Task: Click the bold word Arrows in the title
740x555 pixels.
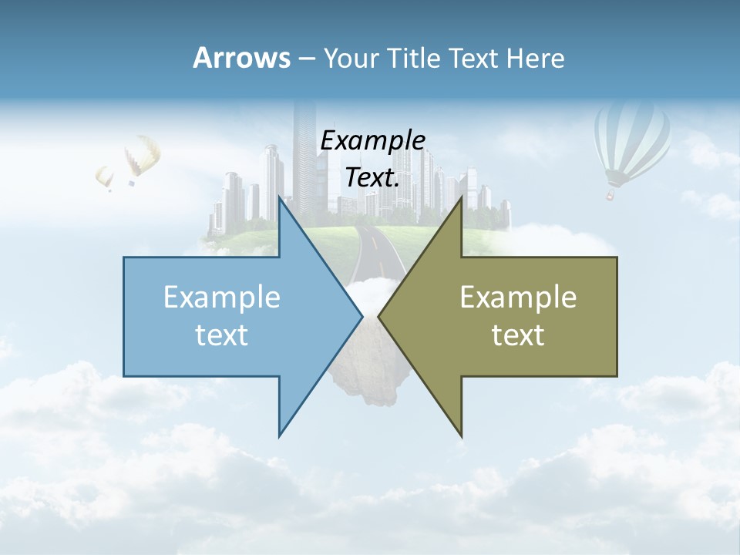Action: [x=241, y=58]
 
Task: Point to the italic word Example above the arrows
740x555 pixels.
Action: [x=372, y=141]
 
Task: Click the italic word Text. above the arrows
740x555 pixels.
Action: [x=372, y=178]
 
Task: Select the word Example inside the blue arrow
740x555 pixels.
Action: [x=222, y=297]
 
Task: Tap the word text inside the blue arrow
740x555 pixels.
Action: [x=222, y=335]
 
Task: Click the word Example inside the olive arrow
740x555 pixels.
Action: [x=518, y=297]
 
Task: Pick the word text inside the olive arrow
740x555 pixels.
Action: [x=518, y=335]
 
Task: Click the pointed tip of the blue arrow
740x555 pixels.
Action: [x=362, y=316]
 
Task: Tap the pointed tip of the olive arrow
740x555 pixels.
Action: [x=379, y=316]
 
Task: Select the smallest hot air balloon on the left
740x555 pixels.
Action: [x=105, y=177]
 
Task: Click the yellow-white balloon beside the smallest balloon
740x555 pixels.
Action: [x=142, y=156]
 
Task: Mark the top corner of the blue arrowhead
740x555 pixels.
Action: [x=280, y=198]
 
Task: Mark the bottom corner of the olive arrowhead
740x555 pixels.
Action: [x=461, y=436]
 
